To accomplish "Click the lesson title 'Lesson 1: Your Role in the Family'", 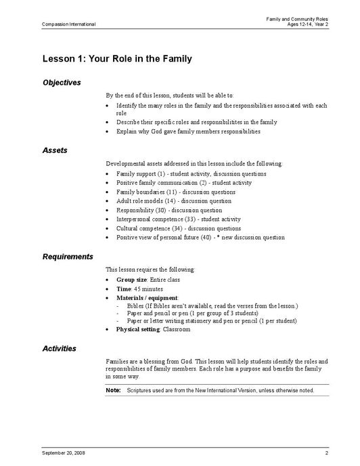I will point(117,59).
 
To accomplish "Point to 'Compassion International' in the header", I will point(68,24).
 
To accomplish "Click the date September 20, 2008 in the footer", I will point(64,452).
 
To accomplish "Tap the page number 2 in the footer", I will point(326,452).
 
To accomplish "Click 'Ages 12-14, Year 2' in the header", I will point(307,24).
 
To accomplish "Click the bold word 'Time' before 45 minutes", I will point(123,289).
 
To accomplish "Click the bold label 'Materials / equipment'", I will point(147,297).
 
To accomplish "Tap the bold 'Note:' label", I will point(113,390).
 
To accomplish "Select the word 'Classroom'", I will point(177,330).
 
